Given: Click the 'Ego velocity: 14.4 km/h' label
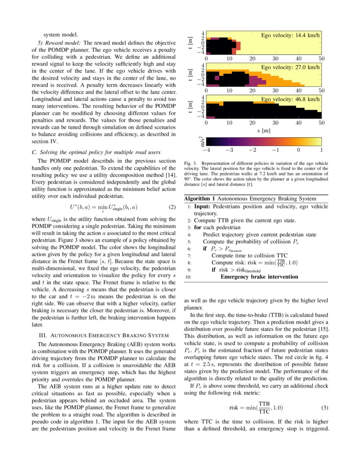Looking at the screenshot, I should coord(290,35).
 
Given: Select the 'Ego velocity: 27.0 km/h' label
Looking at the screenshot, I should coord(290,67).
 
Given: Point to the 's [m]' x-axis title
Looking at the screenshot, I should coord(263,130).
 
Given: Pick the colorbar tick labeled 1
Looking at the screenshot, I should coord(321,150).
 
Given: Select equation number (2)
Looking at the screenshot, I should coord(172,207).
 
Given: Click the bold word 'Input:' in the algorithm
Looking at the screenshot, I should coord(202,206).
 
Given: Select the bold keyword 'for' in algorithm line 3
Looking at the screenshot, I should coord(198,227).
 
